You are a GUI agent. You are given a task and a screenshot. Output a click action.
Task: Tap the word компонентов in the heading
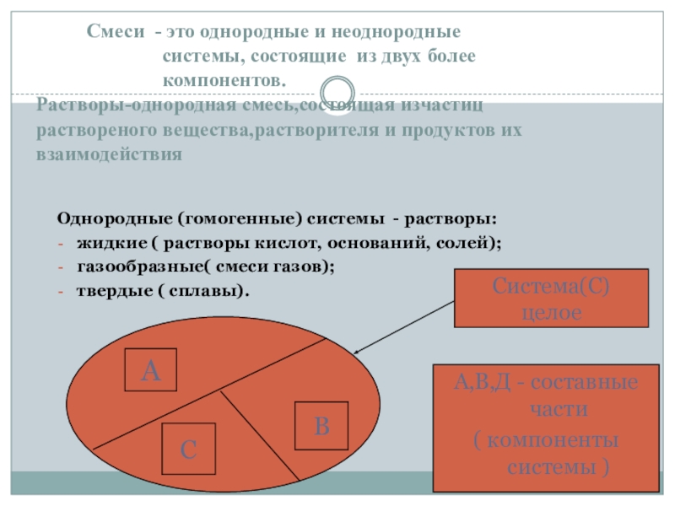point(224,78)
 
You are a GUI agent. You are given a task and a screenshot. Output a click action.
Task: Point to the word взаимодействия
point(109,155)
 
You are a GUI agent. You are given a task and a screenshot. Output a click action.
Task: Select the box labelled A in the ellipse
point(150,369)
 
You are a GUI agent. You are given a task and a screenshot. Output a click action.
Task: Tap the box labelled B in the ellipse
point(321,426)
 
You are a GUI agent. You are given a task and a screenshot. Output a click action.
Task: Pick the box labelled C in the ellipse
point(189,449)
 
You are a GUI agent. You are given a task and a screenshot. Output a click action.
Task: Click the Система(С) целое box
point(550,298)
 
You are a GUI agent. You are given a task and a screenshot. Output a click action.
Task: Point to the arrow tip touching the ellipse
point(356,353)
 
